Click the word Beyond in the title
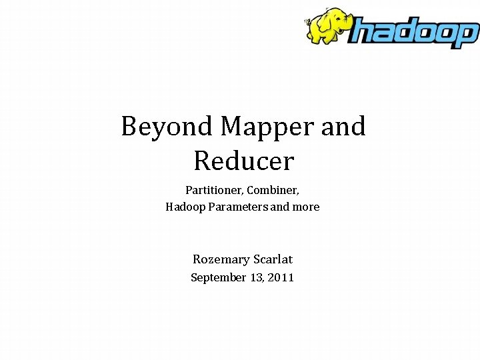(167, 126)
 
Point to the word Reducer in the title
(243, 161)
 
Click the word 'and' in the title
(343, 126)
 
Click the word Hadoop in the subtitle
(185, 207)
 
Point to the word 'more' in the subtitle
(306, 207)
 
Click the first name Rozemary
(221, 259)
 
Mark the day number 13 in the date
(257, 277)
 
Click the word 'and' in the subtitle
(280, 207)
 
